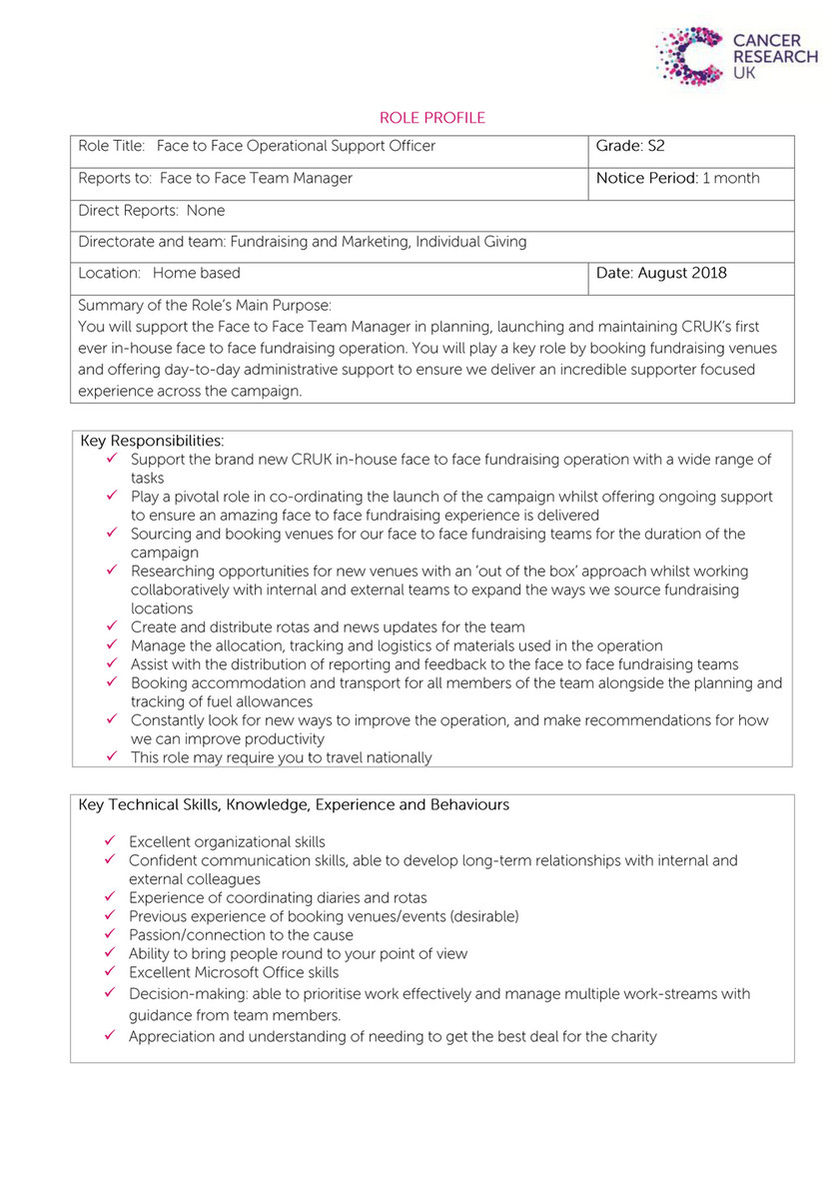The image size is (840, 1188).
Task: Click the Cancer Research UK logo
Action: point(736,55)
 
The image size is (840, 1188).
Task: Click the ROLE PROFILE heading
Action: point(432,118)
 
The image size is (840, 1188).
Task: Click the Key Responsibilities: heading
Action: point(152,441)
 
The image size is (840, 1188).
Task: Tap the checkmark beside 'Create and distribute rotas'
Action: point(113,626)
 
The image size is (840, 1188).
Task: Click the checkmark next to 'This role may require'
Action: point(113,756)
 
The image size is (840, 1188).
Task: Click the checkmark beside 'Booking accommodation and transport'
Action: point(113,682)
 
